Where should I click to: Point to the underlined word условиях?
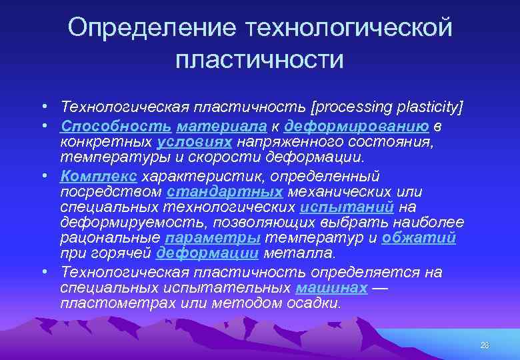coord(195,142)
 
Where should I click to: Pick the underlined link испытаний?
coord(347,207)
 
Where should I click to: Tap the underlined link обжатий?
coord(419,238)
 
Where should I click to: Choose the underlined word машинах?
coord(331,288)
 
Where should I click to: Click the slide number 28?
coord(484,345)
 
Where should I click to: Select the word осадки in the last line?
coord(318,303)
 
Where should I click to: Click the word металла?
coord(300,253)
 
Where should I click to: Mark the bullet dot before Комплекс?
coord(42,176)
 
